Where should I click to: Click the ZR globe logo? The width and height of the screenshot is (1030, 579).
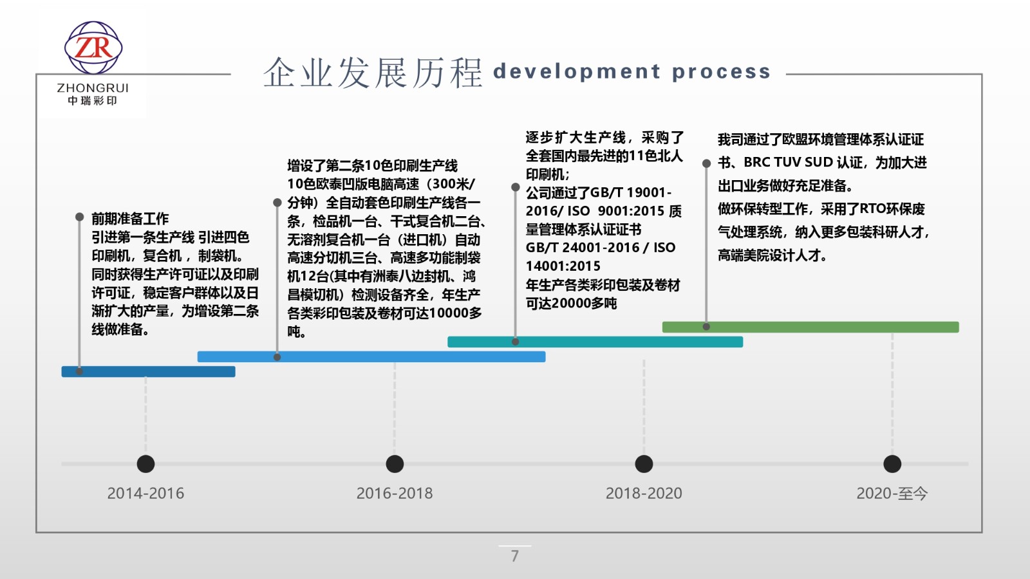(x=93, y=48)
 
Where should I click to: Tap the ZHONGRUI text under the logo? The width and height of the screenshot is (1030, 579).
(x=93, y=87)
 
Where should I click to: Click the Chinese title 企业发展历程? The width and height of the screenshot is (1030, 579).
(x=373, y=73)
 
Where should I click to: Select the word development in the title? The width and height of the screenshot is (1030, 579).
(x=577, y=71)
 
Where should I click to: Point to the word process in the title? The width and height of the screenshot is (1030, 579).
(x=721, y=72)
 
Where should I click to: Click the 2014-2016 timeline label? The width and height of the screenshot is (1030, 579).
(x=145, y=493)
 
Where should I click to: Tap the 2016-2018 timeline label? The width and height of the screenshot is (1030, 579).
(x=395, y=493)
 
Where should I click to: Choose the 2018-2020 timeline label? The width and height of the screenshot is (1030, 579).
(x=644, y=493)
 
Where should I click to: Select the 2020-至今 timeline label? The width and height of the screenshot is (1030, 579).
(x=892, y=493)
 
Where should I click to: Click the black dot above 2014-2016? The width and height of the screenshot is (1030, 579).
(x=145, y=464)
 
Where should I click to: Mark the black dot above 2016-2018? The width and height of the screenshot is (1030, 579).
(x=395, y=464)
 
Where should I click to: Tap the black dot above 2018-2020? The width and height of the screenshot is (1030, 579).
(x=644, y=464)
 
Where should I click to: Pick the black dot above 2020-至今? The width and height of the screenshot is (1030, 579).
(x=892, y=464)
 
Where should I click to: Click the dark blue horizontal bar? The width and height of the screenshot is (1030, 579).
(x=149, y=371)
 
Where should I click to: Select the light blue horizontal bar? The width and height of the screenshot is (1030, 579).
(x=371, y=356)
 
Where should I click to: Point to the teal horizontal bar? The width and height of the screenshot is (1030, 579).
(x=595, y=342)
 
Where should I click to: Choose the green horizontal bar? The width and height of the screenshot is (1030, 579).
(x=810, y=327)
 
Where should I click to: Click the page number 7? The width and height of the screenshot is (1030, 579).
(x=515, y=556)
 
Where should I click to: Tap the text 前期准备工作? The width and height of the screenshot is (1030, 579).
(x=130, y=218)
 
